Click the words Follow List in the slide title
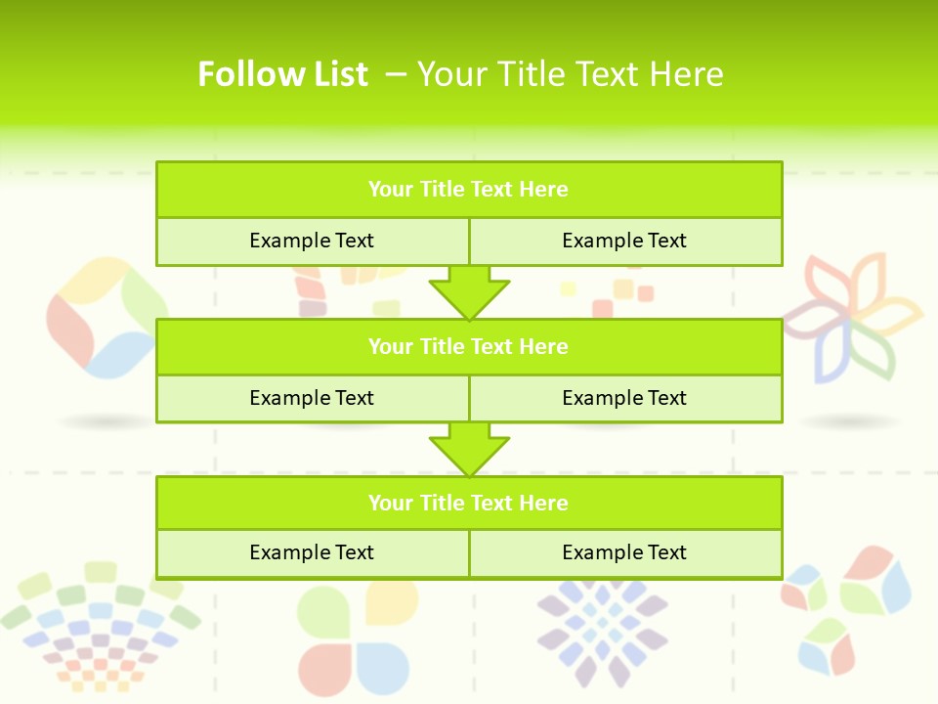(x=282, y=74)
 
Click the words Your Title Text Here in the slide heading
(x=570, y=74)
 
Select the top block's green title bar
(x=469, y=190)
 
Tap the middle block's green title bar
(x=469, y=346)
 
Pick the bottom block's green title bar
(x=469, y=503)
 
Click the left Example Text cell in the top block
(x=312, y=241)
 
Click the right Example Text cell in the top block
(x=624, y=241)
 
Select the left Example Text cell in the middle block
(x=312, y=398)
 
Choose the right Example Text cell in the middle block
(x=624, y=398)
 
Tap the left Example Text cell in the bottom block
(x=312, y=552)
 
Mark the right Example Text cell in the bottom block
(x=624, y=552)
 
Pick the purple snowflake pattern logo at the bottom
(x=602, y=630)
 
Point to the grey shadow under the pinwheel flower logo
(x=850, y=421)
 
